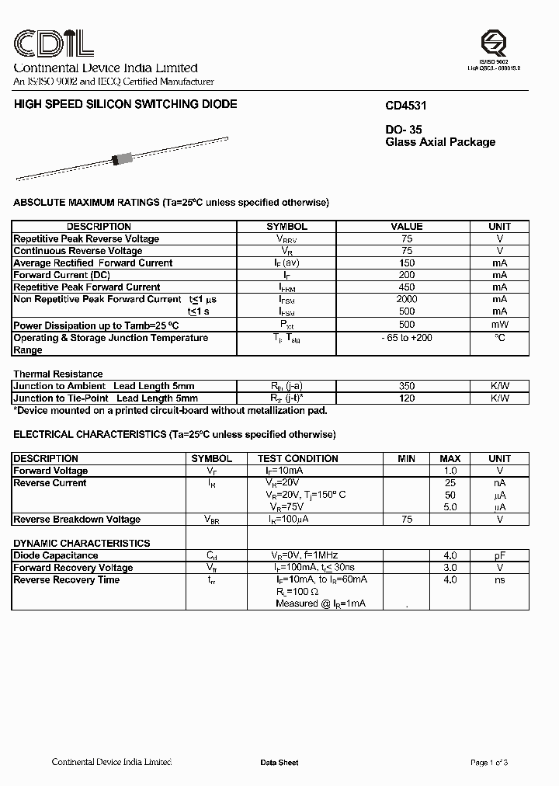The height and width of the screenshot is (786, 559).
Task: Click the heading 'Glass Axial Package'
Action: pos(440,142)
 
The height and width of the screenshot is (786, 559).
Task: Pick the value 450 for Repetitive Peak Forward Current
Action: pos(406,287)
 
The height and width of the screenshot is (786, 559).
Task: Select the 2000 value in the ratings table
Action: pos(406,299)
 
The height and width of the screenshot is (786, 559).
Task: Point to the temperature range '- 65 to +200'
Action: pos(406,338)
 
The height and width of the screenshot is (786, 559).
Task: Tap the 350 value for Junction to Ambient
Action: pos(406,386)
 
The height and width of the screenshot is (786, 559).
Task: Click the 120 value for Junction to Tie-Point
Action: pos(406,398)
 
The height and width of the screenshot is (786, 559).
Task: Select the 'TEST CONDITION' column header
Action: pos(297,459)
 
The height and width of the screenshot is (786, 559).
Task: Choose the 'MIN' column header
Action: pos(406,459)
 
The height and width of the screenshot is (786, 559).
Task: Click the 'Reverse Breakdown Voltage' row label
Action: pos(77,520)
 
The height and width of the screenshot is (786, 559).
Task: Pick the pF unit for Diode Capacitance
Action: pos(499,555)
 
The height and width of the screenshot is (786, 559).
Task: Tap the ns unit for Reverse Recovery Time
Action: pos(499,579)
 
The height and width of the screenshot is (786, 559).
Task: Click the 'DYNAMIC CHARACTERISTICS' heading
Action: pos(82,543)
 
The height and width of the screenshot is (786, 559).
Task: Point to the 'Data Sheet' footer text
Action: pos(279,763)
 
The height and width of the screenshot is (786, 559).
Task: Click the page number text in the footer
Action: pos(489,763)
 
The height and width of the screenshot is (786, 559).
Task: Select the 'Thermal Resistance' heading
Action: pos(57,374)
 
